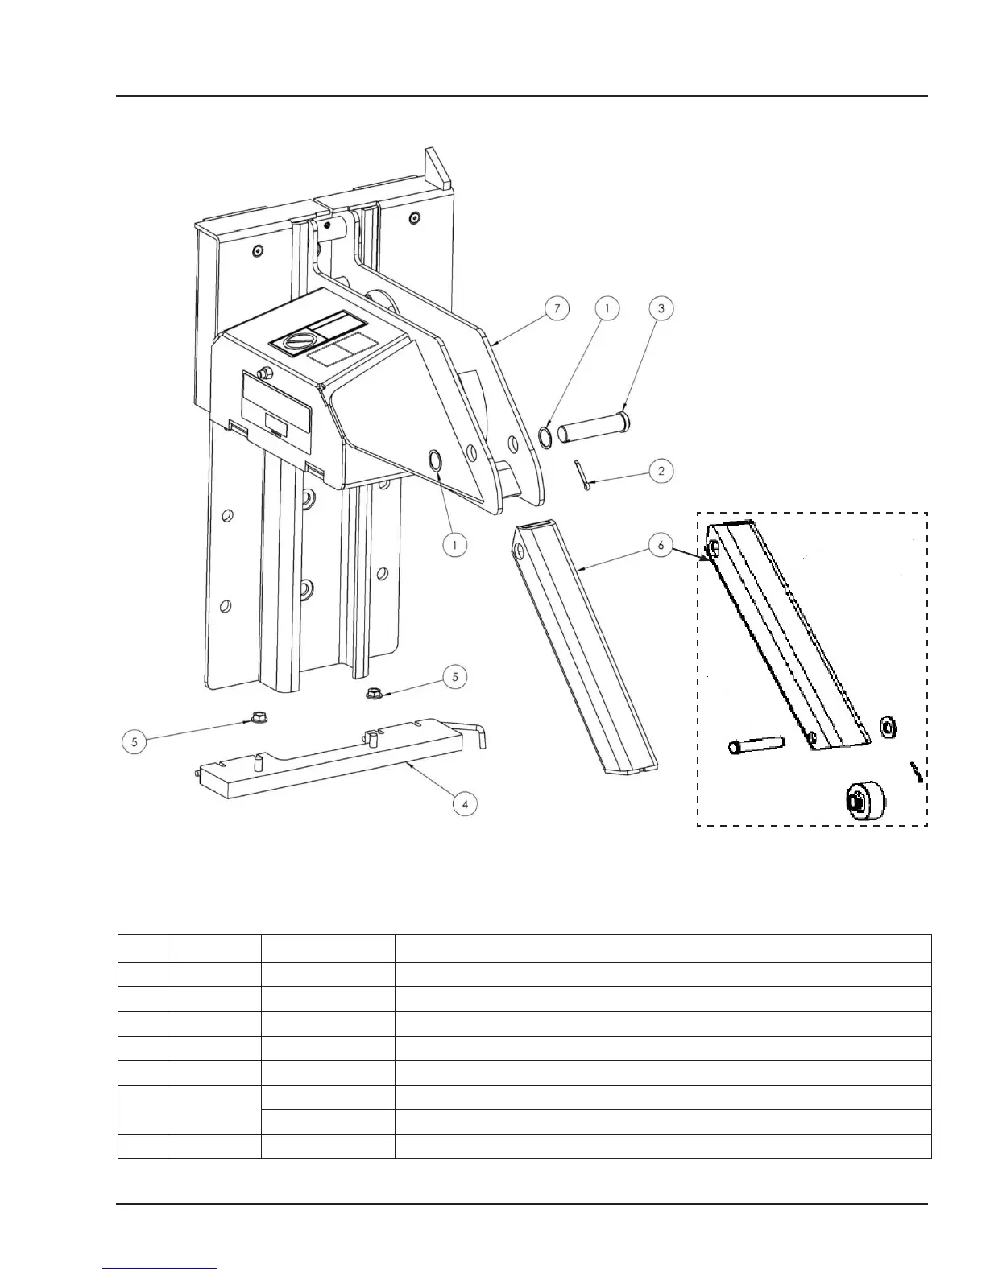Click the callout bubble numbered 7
[x=557, y=308]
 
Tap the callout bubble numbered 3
[x=661, y=308]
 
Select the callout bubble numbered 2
[x=661, y=471]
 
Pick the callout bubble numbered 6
[x=661, y=546]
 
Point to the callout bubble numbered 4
[x=465, y=803]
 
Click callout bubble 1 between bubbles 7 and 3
[x=607, y=308]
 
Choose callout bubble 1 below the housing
[x=455, y=545]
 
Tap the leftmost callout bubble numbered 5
[x=135, y=741]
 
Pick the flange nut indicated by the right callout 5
[x=373, y=692]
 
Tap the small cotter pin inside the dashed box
[x=915, y=771]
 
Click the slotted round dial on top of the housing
[x=294, y=341]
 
